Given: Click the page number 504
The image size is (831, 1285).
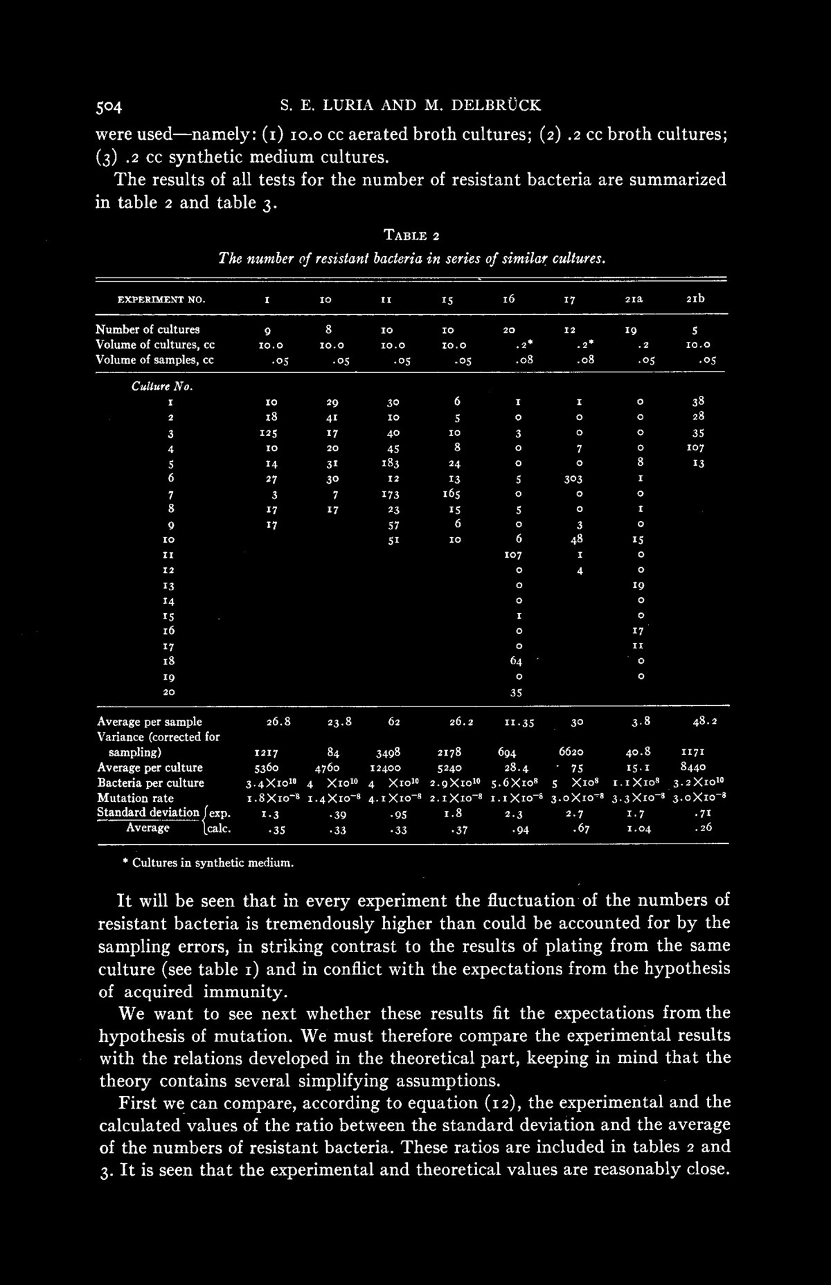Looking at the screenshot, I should click(x=109, y=107).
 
